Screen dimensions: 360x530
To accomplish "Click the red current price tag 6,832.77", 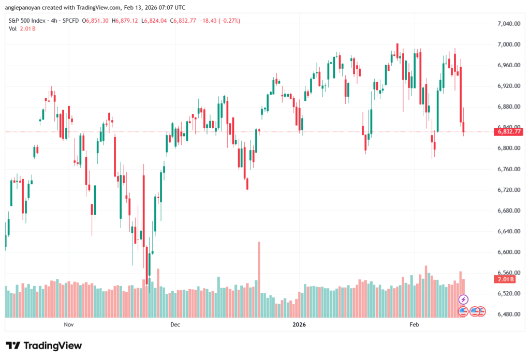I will (509, 131).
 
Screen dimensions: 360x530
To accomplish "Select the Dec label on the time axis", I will (175, 325).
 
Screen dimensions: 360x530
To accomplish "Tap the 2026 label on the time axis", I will (299, 325).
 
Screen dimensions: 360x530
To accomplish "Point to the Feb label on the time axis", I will (414, 325).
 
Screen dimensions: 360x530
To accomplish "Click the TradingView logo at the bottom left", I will (43, 346).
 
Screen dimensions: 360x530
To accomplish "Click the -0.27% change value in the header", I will (229, 20).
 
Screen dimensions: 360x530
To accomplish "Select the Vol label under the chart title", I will (13, 28).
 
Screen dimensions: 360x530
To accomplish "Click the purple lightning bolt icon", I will (464, 299).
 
